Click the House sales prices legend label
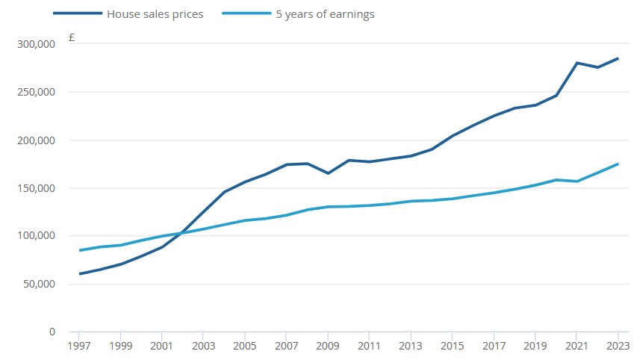click(x=155, y=14)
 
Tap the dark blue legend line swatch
click(x=77, y=14)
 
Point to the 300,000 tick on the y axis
click(x=36, y=44)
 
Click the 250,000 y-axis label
click(x=36, y=92)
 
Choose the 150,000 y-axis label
click(x=36, y=187)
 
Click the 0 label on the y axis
click(x=53, y=332)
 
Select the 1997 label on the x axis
click(x=79, y=347)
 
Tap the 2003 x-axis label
click(x=203, y=347)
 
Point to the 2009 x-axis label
click(x=327, y=347)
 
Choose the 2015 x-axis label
click(x=452, y=347)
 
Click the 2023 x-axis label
click(x=618, y=347)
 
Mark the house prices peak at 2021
click(x=577, y=63)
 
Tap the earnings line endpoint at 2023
click(x=618, y=164)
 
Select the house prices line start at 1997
click(x=79, y=274)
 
